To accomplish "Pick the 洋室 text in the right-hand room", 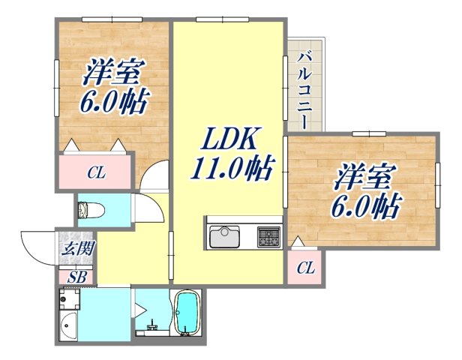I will tap(364, 178).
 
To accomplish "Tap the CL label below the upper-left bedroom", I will tap(96, 174).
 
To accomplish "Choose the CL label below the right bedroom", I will tap(305, 268).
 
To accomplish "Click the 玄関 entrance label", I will tap(78, 250).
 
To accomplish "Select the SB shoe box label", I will tap(77, 276).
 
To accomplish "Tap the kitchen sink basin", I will tap(224, 238).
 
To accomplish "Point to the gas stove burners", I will tap(268, 236).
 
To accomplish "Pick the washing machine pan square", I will tap(69, 299).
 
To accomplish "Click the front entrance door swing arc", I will tap(37, 247).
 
